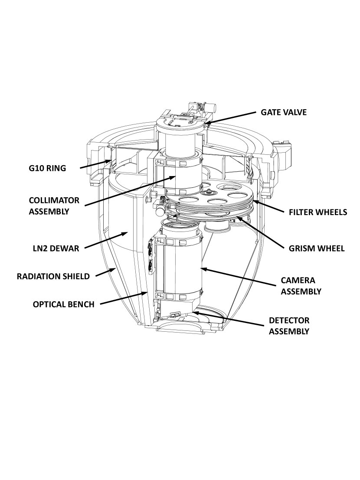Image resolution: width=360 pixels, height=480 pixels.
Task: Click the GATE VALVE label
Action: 284,112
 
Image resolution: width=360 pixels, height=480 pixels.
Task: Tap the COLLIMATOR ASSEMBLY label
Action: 54,206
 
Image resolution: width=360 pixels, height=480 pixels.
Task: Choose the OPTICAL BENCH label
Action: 63,304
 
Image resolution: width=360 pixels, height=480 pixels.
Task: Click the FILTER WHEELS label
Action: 318,212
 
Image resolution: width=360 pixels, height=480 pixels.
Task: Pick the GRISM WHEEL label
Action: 317,248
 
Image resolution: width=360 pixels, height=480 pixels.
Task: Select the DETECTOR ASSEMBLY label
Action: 289,326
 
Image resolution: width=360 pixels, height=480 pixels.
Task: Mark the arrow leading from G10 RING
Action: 95,163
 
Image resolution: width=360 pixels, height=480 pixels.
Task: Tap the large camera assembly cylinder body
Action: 182,264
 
